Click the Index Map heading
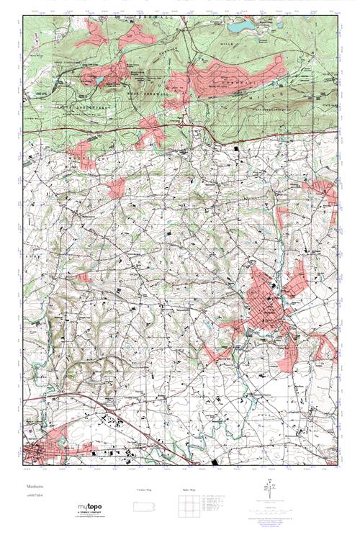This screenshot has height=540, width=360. (x=189, y=490)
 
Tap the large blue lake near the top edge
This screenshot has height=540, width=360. (x=241, y=27)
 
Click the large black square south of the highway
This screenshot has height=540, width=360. (x=240, y=148)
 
